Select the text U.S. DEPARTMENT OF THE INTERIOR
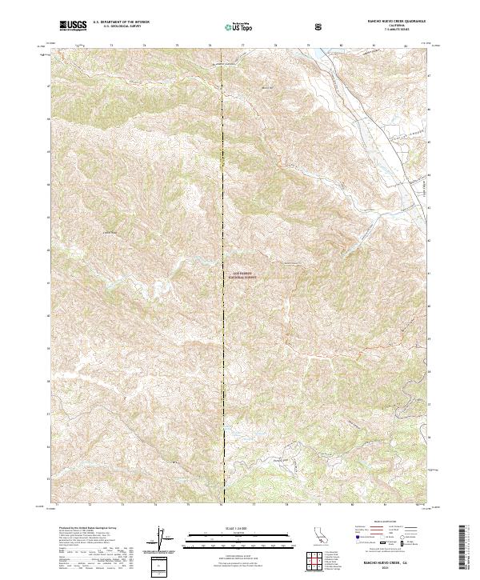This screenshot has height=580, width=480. (x=121, y=22)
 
